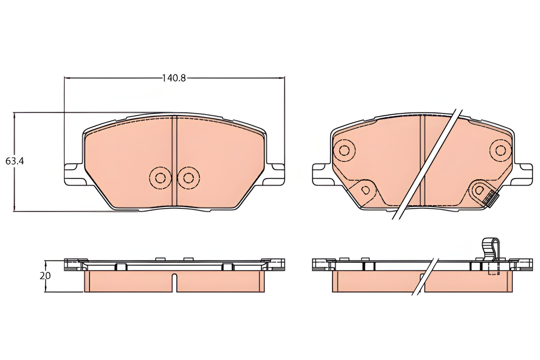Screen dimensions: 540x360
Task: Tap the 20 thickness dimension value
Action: coord(45,276)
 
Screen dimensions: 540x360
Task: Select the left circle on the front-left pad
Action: coord(160,177)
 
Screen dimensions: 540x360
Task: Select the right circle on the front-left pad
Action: coord(188,177)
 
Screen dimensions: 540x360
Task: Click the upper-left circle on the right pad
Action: coord(344,150)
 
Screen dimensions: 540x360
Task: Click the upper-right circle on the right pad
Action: coord(500,150)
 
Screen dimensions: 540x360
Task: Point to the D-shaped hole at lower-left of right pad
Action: coord(366,190)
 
